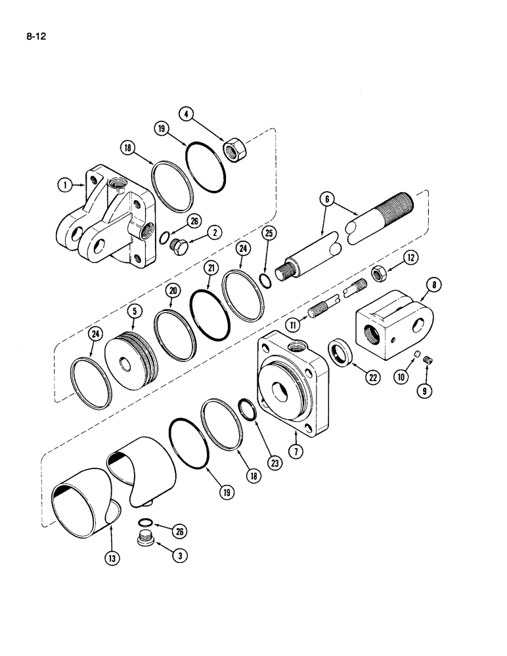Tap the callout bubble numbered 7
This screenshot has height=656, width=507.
(296, 453)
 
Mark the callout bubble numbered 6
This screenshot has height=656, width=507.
(326, 198)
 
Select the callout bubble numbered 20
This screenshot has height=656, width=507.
(171, 290)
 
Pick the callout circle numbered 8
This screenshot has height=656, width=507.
(436, 285)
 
